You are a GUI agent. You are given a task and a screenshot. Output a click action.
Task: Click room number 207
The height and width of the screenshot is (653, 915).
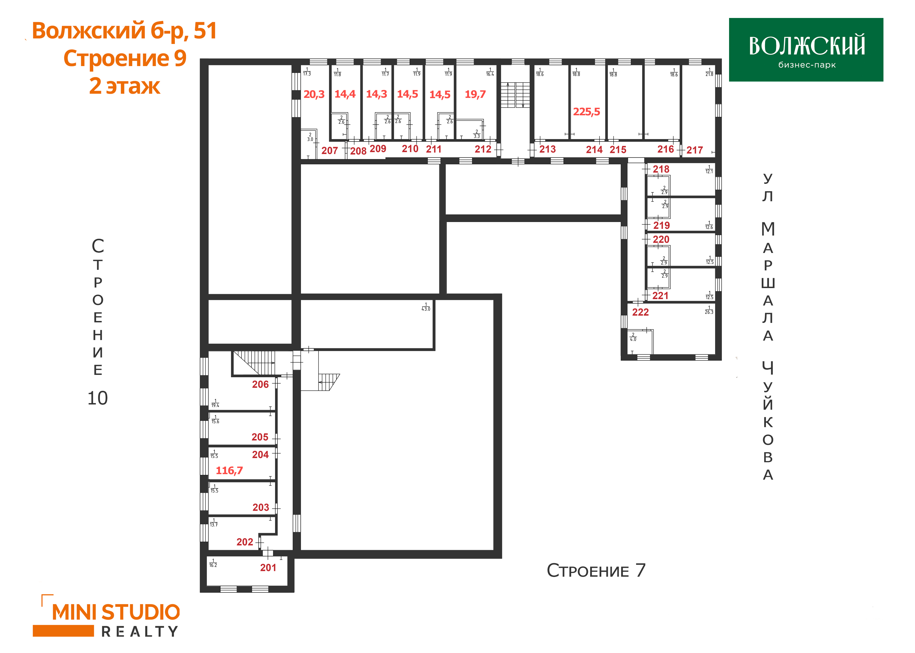point(330,151)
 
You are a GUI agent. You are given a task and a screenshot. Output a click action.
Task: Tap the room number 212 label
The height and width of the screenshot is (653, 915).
point(483,149)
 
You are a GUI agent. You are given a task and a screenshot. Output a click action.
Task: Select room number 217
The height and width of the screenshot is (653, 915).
point(694,150)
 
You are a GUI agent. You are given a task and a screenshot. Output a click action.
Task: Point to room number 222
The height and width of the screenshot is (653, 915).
point(640,312)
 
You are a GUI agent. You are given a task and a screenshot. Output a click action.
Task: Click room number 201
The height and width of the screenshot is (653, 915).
point(268,568)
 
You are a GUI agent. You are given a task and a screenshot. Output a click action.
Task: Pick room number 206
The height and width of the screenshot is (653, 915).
point(260,384)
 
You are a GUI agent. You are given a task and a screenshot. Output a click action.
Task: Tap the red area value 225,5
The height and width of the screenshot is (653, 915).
point(586,112)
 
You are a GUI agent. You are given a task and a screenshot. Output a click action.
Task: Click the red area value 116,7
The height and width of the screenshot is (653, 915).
point(229,471)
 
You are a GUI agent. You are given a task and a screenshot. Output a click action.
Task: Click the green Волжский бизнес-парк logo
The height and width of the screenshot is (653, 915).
point(806,50)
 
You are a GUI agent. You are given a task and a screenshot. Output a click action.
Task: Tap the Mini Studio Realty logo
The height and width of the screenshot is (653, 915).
point(106,616)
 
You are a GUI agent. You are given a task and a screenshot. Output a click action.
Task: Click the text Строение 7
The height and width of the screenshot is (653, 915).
point(596,571)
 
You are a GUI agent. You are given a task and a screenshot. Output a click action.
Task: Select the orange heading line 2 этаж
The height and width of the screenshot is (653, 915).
point(125,86)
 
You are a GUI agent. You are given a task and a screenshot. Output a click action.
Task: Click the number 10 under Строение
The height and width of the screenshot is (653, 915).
point(97,398)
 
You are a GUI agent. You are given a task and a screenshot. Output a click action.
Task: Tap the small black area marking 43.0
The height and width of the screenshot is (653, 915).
point(426,307)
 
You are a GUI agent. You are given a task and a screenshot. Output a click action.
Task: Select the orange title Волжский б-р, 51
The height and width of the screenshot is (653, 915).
point(125,31)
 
